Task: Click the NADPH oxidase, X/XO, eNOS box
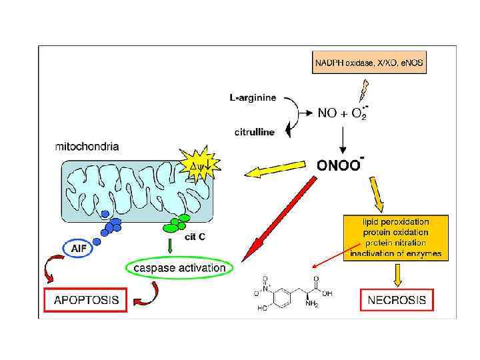[x=369, y=63]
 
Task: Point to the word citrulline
[x=254, y=132]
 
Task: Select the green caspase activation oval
[x=180, y=268]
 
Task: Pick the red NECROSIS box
[x=397, y=300]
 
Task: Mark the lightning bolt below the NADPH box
[x=364, y=89]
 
